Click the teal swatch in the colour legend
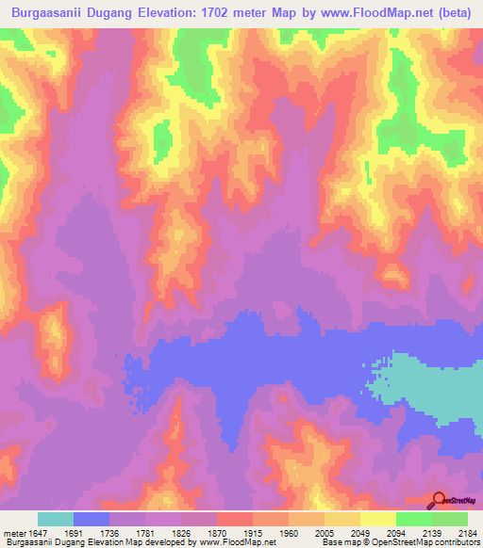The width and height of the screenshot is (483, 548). click(x=56, y=519)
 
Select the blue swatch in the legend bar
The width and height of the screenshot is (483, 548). click(x=92, y=519)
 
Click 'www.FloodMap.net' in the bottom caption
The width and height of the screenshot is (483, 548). click(x=236, y=542)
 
